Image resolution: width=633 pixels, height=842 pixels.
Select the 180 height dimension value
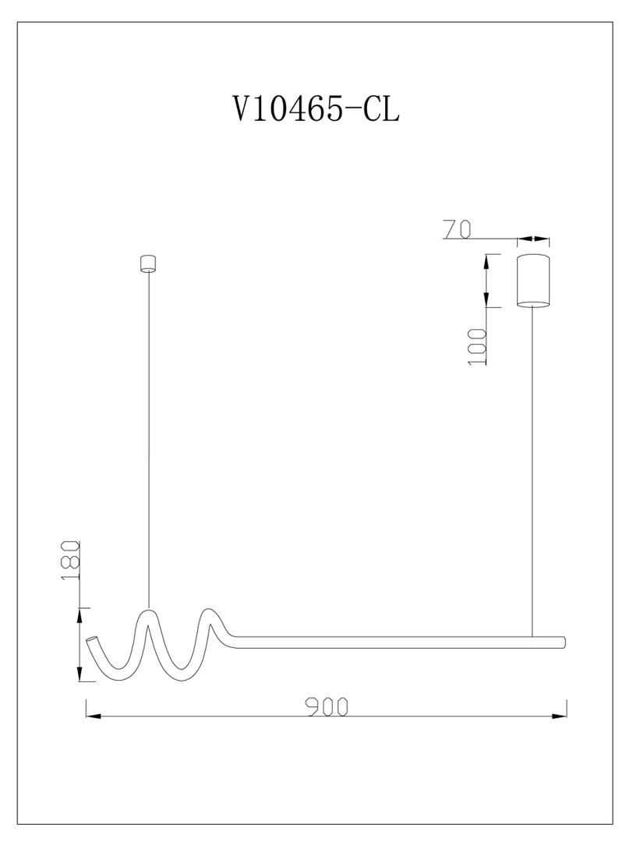point(70,560)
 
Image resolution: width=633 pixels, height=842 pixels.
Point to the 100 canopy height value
point(477,347)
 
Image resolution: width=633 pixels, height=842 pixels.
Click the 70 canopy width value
point(457,229)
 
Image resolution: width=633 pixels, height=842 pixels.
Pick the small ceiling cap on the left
point(147,264)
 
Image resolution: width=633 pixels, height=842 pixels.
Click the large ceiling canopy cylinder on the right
point(533,281)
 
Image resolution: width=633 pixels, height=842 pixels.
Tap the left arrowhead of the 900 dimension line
point(94,716)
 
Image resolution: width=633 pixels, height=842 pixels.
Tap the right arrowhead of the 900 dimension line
point(560,716)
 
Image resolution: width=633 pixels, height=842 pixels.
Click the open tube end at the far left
point(92,641)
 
